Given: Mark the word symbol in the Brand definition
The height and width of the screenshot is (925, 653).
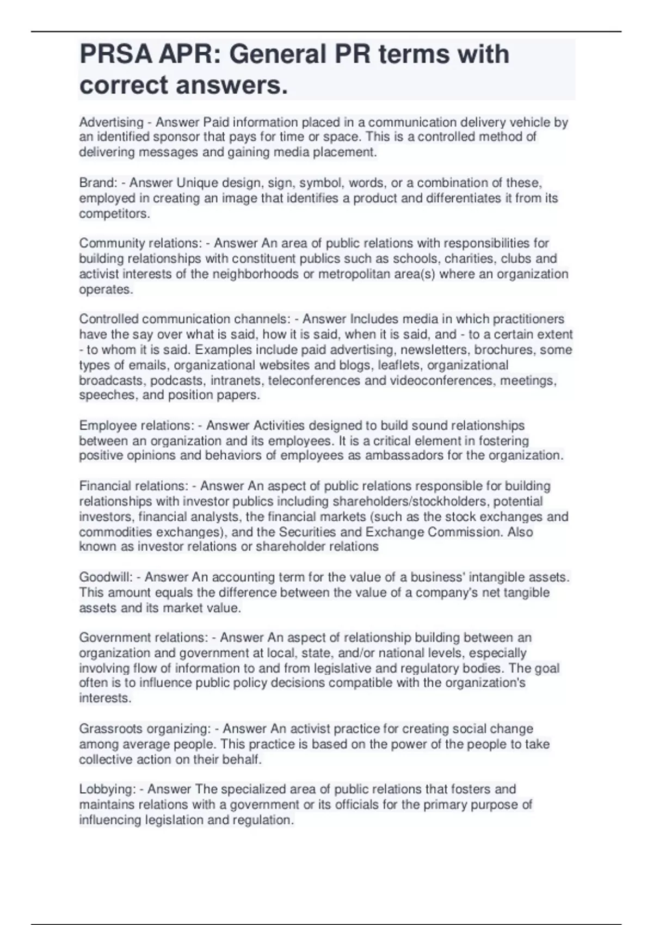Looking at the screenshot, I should click(x=322, y=183).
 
